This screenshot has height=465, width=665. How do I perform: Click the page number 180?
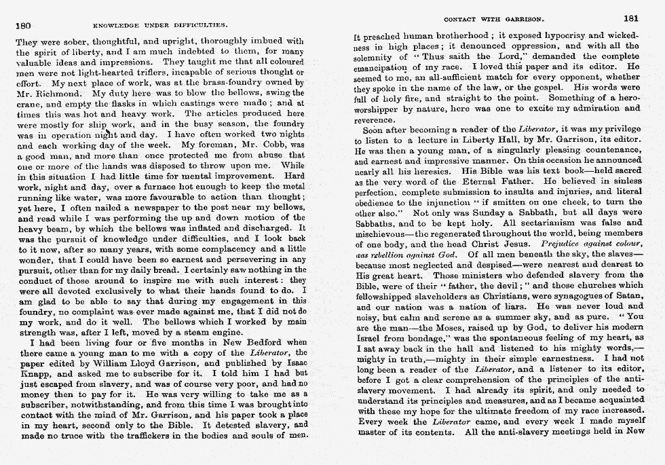click(x=24, y=25)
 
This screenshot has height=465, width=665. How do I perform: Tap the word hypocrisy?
click(x=545, y=36)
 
